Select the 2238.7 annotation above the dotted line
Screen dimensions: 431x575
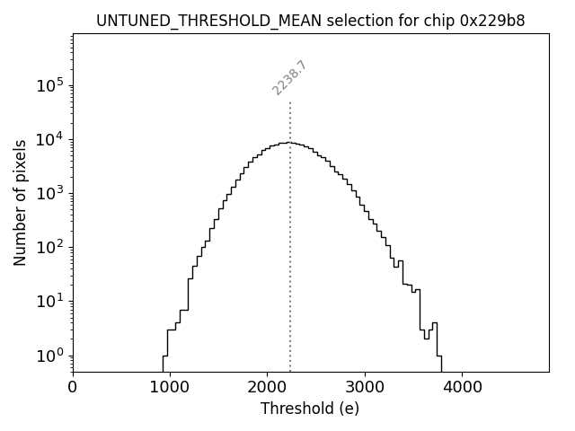(289, 78)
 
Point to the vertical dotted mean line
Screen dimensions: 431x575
(290, 269)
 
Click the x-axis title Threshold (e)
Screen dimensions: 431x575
(310, 409)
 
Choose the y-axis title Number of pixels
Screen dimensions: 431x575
(20, 203)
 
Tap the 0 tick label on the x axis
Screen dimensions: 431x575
(73, 388)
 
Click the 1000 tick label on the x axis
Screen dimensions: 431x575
(170, 388)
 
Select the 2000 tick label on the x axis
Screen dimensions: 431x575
(267, 388)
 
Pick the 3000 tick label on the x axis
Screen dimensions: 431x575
(365, 388)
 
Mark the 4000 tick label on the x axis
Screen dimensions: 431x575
(462, 388)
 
